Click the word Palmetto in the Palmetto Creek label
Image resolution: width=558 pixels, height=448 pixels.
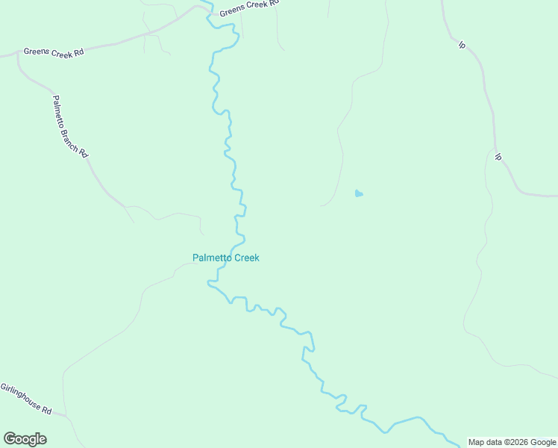click(212, 258)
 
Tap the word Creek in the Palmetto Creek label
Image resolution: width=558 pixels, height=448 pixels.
click(247, 258)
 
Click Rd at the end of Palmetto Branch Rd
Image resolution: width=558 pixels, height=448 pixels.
click(84, 153)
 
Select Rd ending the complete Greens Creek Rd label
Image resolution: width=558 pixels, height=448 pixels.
click(78, 53)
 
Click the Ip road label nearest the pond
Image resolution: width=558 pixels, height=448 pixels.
click(498, 157)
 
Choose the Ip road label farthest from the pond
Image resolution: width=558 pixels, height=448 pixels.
click(462, 45)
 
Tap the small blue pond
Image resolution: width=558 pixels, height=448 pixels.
click(359, 194)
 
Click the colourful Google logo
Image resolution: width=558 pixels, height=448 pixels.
click(25, 439)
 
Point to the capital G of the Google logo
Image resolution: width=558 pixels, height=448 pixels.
click(9, 439)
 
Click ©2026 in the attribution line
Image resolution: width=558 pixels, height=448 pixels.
click(516, 442)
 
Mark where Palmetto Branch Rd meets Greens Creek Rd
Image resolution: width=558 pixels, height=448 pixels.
click(17, 55)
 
